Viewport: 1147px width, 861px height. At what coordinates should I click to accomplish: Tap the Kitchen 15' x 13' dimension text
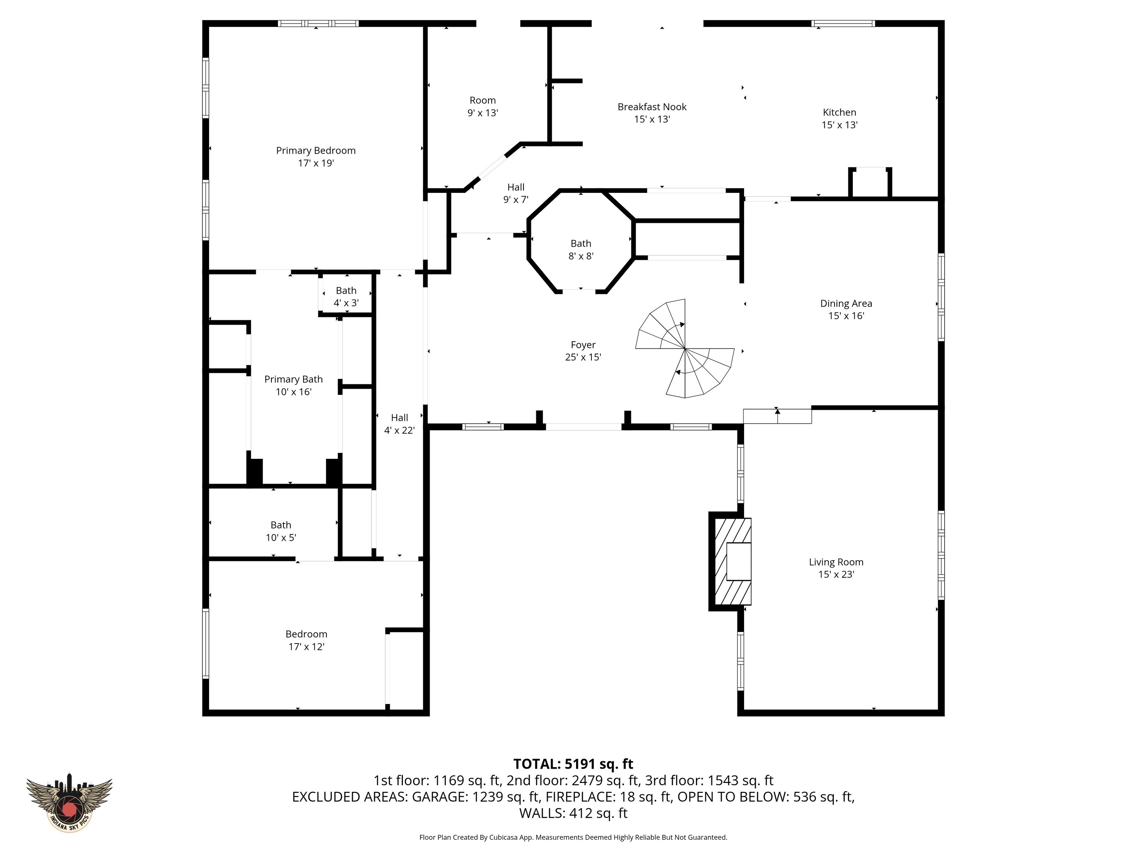839,125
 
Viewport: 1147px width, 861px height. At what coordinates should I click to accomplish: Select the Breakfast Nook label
652,107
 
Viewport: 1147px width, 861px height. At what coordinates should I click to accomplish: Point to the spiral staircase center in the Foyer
685,348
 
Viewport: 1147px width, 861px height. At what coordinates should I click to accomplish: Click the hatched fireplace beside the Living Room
731,562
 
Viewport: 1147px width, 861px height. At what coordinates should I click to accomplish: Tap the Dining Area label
846,303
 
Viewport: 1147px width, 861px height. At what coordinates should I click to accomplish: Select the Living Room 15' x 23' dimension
836,574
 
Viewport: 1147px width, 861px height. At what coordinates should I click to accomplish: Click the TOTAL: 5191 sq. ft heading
573,764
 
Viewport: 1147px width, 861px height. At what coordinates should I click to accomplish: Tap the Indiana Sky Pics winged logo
69,805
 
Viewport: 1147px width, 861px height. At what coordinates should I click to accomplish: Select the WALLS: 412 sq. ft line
573,813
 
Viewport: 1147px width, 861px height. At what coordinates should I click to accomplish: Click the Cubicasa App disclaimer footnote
573,837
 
